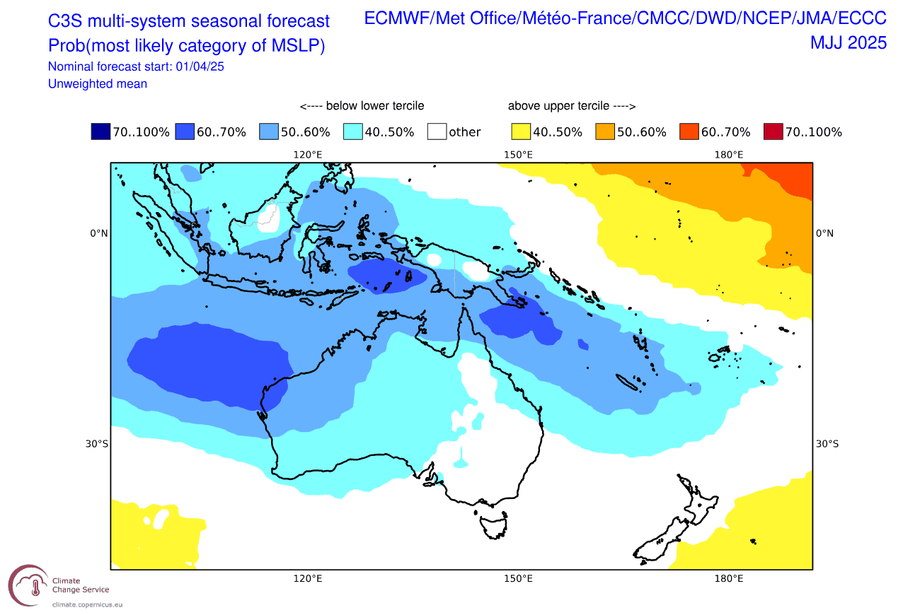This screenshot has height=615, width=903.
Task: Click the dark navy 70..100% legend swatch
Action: [x=100, y=131]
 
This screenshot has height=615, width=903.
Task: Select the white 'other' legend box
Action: [x=437, y=131]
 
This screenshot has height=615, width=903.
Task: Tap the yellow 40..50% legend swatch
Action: [x=521, y=131]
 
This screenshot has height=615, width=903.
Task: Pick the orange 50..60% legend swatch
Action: [x=605, y=131]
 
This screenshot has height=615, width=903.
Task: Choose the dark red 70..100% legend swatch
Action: [x=773, y=131]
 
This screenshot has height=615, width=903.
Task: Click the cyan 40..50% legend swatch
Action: [x=352, y=131]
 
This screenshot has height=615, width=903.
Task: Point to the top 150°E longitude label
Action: [x=518, y=155]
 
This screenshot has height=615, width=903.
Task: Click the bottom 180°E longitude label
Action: [x=729, y=578]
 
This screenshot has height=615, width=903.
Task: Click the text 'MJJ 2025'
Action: [x=848, y=43]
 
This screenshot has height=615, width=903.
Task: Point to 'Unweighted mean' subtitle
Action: [x=98, y=83]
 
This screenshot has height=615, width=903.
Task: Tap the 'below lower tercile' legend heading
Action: [x=362, y=106]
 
